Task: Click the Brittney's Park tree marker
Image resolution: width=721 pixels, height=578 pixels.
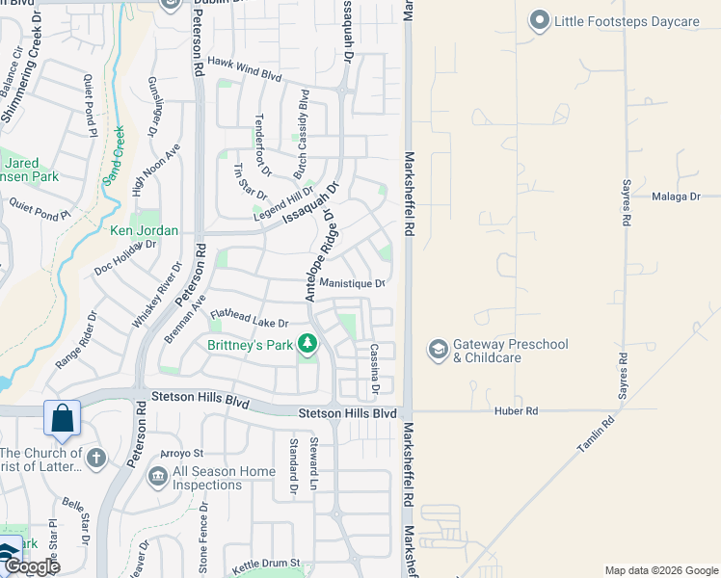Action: (307, 343)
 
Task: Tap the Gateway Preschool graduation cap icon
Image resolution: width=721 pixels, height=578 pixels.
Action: (438, 350)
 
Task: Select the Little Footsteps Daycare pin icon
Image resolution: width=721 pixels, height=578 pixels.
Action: (539, 19)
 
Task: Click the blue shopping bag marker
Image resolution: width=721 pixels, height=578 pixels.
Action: (62, 419)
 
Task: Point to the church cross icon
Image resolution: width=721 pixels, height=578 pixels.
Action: (95, 459)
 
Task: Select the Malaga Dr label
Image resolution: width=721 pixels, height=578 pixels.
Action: (674, 197)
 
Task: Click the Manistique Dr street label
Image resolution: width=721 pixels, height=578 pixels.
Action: (352, 283)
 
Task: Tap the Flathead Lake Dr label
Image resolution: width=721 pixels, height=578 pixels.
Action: (249, 317)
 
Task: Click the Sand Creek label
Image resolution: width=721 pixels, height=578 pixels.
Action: (115, 151)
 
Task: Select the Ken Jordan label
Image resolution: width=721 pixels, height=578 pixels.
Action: (144, 231)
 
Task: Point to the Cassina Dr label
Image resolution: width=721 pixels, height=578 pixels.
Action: (373, 369)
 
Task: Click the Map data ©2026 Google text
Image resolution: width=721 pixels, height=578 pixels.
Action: (660, 570)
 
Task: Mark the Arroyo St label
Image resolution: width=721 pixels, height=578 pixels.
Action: (182, 453)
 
